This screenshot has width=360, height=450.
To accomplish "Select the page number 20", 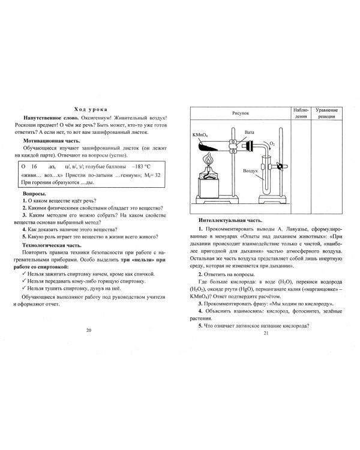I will tap(89, 330).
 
